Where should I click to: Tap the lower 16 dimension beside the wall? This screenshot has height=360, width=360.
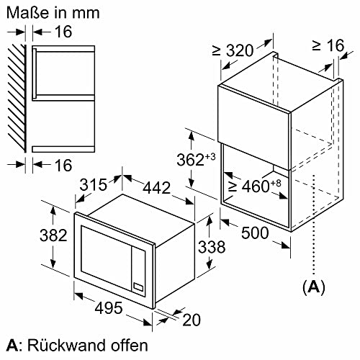pos(63,166)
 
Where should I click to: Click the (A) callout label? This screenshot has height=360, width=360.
pos(311,287)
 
